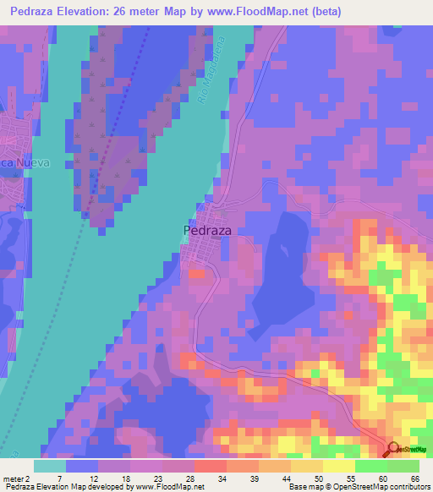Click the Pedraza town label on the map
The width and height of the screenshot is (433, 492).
click(x=207, y=229)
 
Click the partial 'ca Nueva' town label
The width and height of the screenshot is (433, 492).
click(x=26, y=162)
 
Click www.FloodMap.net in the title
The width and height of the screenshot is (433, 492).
click(x=280, y=11)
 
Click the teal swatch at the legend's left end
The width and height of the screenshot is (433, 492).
click(x=50, y=467)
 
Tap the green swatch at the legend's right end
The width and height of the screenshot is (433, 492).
click(x=403, y=467)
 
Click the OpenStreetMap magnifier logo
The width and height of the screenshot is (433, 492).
click(x=393, y=450)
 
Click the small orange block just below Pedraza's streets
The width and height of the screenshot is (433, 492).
click(x=196, y=274)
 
